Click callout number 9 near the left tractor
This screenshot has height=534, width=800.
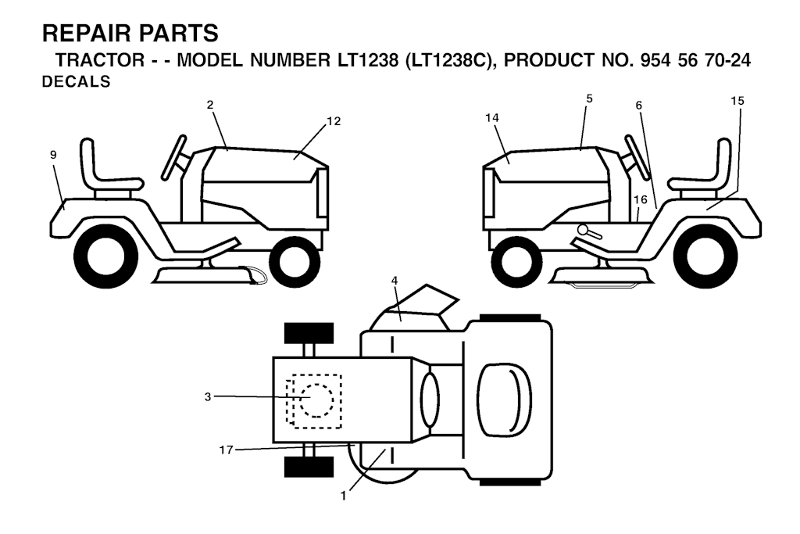(x=54, y=155)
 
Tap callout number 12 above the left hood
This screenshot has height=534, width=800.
(x=334, y=121)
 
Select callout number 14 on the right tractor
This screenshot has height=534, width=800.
(x=492, y=118)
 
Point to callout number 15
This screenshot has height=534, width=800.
(x=737, y=101)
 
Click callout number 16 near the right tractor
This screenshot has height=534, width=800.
(x=641, y=199)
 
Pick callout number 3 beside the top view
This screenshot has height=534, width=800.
(x=208, y=396)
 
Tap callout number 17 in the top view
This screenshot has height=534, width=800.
(x=226, y=450)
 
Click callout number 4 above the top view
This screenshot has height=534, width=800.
(x=395, y=280)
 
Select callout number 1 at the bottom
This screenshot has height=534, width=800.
(x=344, y=496)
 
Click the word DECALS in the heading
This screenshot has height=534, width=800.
(x=76, y=81)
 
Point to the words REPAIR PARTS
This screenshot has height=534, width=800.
(x=130, y=34)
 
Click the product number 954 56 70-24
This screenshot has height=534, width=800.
(x=695, y=60)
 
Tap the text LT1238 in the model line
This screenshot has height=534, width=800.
(x=367, y=60)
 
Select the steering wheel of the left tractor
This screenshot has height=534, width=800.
(x=174, y=157)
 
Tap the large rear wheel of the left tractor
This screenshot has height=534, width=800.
(x=106, y=255)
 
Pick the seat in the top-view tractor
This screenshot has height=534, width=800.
(x=504, y=400)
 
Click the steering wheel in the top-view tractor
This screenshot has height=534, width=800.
(x=430, y=400)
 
